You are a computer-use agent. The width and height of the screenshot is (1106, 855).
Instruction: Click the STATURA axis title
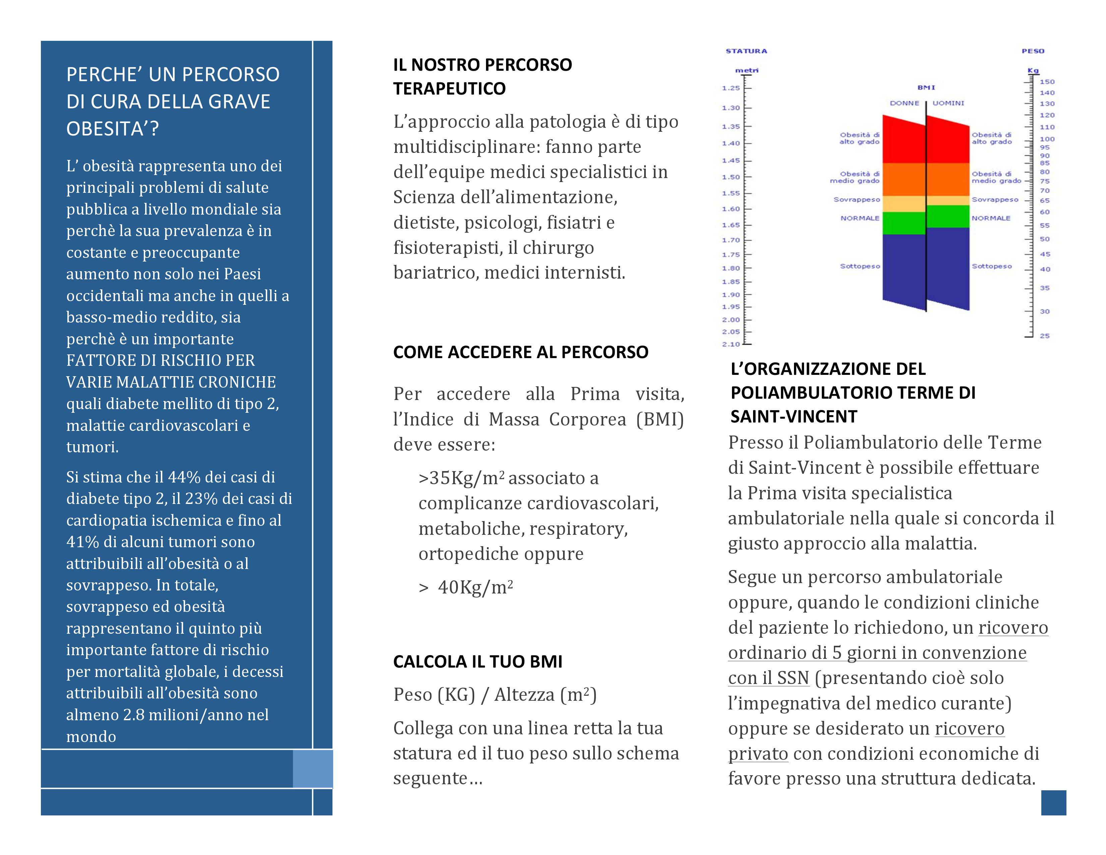746,51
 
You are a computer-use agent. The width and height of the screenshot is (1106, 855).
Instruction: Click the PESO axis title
1033,51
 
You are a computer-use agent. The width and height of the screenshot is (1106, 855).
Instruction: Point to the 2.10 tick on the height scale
731,344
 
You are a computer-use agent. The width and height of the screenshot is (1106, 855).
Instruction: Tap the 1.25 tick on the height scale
731,88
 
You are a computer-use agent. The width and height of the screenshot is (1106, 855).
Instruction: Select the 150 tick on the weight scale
1047,81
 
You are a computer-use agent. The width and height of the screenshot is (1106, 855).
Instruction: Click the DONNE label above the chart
905,103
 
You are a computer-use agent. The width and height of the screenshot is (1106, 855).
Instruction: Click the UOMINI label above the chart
948,103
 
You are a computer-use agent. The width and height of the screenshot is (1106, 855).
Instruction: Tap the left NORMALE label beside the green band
860,218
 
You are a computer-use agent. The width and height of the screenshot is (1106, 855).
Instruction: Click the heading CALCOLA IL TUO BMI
478,662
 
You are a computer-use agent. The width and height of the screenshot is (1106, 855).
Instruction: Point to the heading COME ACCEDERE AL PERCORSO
520,352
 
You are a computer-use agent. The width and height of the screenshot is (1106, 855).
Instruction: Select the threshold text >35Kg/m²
462,478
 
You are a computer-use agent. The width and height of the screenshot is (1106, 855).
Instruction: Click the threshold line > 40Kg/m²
466,587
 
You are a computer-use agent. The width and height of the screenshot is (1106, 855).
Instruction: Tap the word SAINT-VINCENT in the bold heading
794,416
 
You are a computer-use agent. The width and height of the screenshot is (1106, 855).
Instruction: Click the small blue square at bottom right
1053,803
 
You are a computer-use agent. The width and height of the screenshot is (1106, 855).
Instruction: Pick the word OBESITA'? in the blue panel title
112,129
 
